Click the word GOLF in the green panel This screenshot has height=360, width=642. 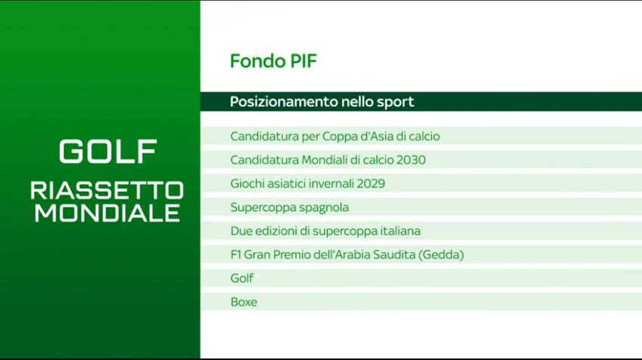[x=108, y=152]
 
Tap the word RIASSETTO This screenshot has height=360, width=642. [x=107, y=191]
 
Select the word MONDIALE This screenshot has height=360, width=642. [x=107, y=213]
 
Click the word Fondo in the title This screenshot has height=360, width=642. [x=258, y=61]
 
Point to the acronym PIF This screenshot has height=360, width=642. [x=304, y=61]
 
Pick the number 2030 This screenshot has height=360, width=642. [x=411, y=160]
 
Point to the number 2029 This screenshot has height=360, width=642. [x=371, y=183]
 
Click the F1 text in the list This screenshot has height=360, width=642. [x=236, y=255]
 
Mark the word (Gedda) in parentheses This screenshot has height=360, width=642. [x=441, y=255]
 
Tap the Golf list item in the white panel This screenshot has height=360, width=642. [x=242, y=278]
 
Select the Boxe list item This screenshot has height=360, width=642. [x=244, y=303]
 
